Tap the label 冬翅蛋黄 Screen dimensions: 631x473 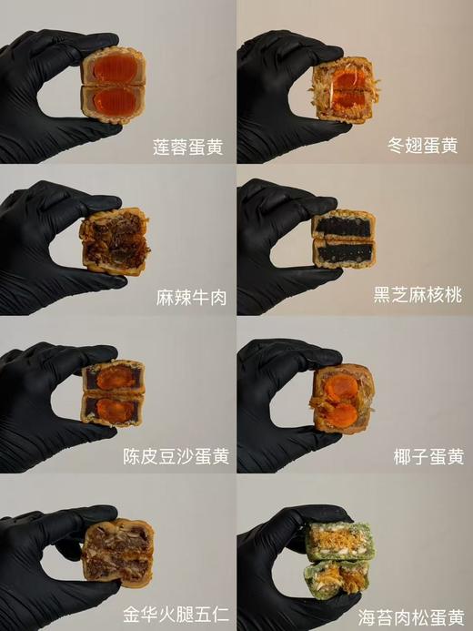point(425,147)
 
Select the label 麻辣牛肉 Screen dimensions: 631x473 point(190,298)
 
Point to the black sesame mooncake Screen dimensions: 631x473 point(342,238)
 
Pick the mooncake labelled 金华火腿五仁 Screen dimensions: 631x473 point(116,553)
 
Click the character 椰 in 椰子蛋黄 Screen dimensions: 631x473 point(395,455)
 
